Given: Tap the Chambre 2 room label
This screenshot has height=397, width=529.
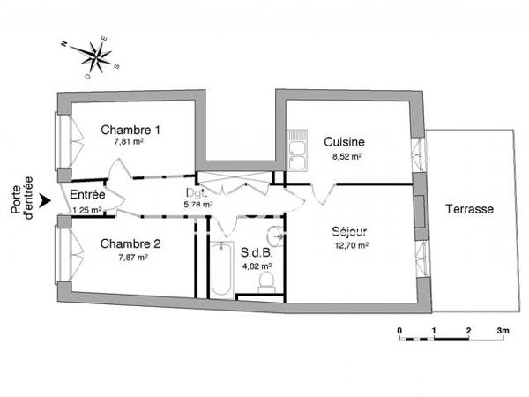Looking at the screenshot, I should [130, 243].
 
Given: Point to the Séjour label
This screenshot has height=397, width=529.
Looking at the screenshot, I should [325, 233].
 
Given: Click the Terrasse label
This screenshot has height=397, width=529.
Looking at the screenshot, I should [468, 210].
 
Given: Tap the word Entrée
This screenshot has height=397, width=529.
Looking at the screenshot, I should [88, 195].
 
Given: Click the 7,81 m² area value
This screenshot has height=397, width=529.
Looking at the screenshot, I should [129, 141].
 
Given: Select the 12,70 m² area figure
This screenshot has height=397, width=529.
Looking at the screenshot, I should [325, 246].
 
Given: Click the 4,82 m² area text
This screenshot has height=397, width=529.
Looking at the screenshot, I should [257, 264].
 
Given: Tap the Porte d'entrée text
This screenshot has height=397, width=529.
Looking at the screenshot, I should [21, 196].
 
